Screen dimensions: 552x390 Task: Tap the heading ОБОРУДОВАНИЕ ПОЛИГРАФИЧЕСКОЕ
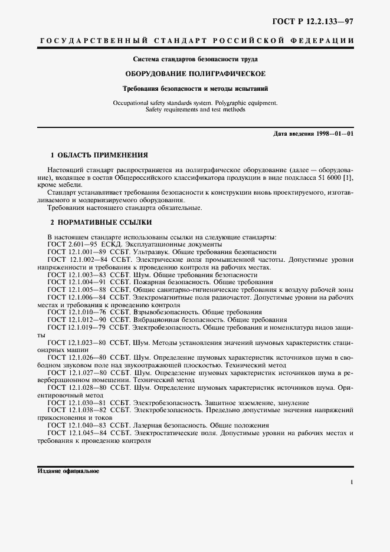(195, 74)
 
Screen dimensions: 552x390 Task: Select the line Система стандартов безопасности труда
(195, 59)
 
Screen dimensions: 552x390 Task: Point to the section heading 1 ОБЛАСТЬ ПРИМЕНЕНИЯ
(99, 155)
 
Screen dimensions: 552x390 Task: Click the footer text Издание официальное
(68, 472)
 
